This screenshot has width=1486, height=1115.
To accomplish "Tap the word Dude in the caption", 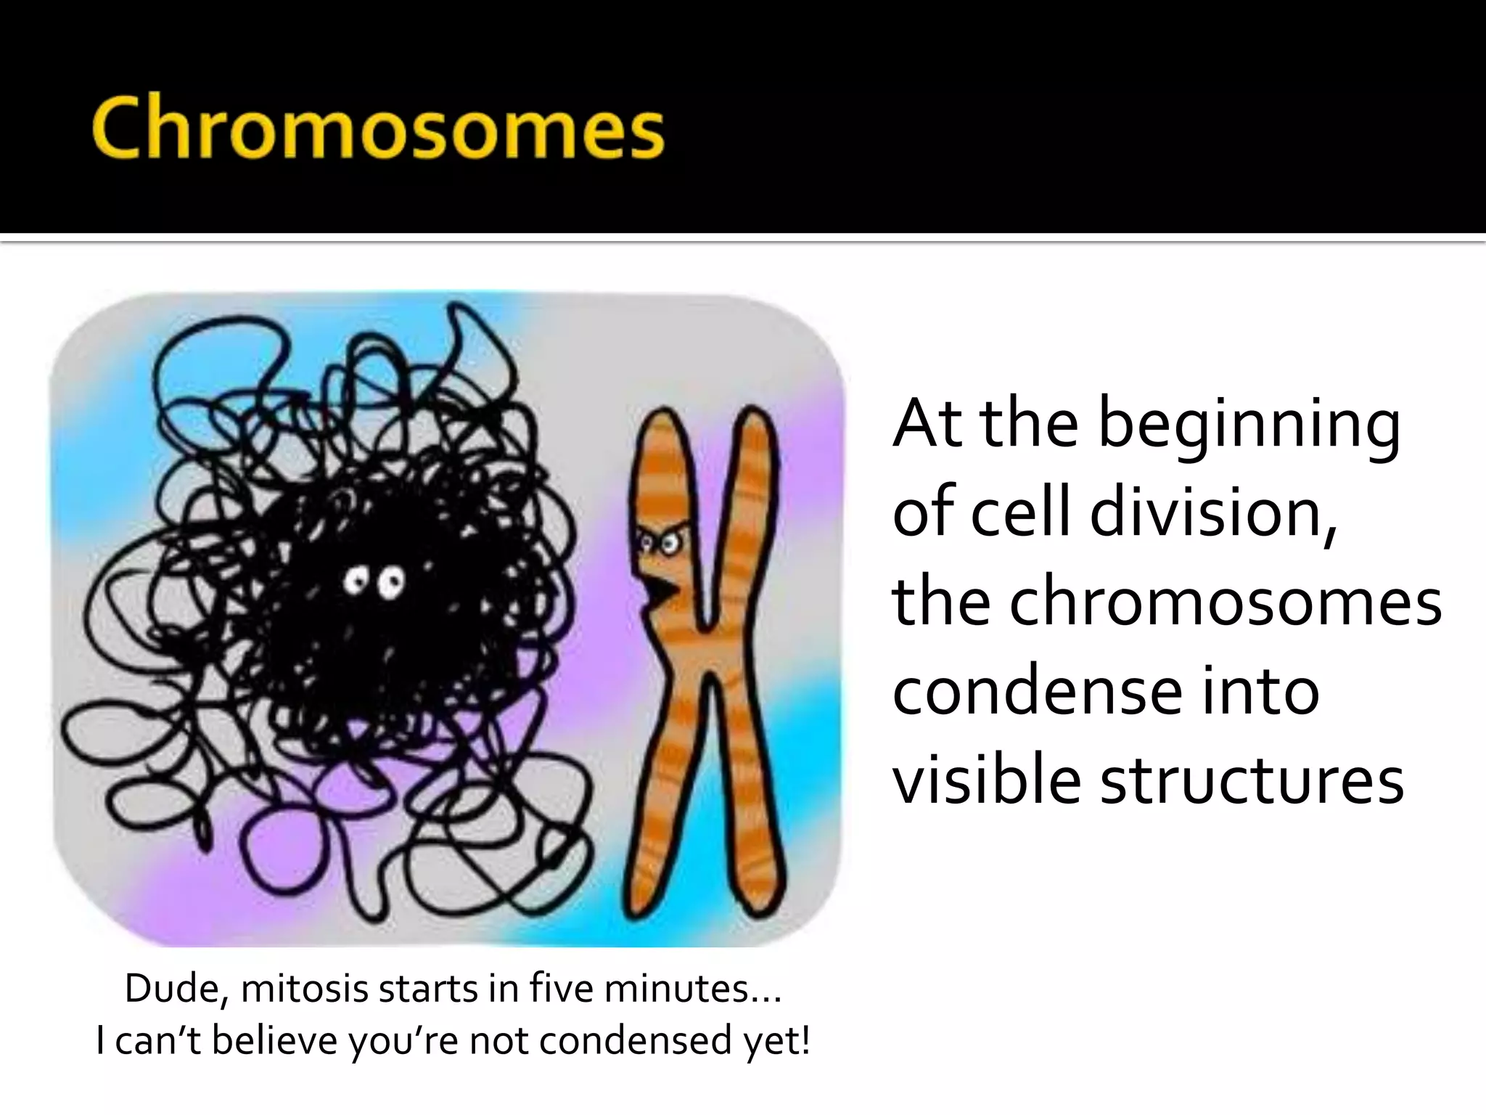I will (x=175, y=989).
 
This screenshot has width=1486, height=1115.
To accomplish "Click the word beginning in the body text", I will (x=1249, y=425).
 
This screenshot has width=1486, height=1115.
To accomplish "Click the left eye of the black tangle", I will (x=353, y=581).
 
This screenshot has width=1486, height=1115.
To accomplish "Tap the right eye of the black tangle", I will (x=394, y=583).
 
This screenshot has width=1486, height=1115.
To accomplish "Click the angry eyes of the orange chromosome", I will (x=660, y=542).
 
